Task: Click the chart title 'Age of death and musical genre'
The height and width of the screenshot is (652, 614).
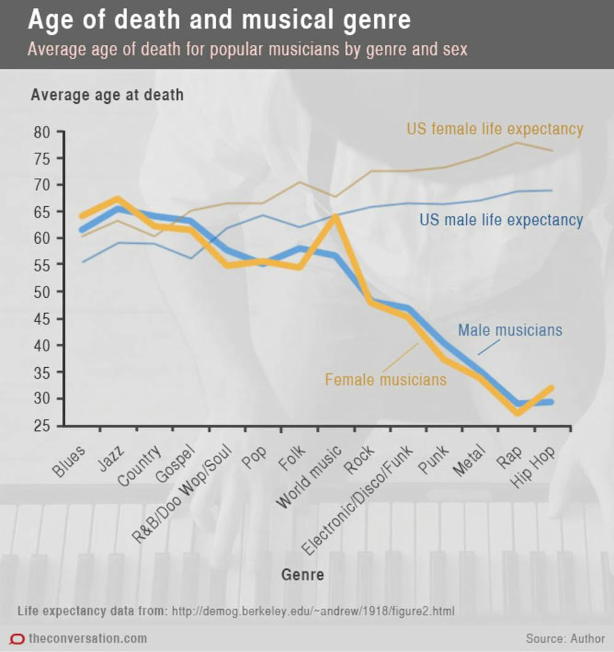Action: pyautogui.click(x=219, y=21)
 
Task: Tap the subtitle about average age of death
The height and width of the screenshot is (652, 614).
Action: pyautogui.click(x=247, y=49)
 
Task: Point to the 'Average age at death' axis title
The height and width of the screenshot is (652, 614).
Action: pyautogui.click(x=107, y=95)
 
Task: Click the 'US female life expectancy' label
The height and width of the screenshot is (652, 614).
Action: pyautogui.click(x=494, y=129)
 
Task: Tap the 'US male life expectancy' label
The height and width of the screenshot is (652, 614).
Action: pyautogui.click(x=501, y=220)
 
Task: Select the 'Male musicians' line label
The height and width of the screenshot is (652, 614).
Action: pyautogui.click(x=510, y=330)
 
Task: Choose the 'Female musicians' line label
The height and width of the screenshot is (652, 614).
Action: pyautogui.click(x=386, y=379)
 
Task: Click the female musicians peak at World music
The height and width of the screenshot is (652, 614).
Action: pyautogui.click(x=335, y=216)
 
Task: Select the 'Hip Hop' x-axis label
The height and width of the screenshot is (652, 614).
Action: pyautogui.click(x=533, y=466)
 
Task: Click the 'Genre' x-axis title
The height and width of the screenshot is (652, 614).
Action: pyautogui.click(x=302, y=575)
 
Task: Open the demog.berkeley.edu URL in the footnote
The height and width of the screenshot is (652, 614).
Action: pyautogui.click(x=313, y=612)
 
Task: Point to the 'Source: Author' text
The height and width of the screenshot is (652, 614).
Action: pyautogui.click(x=565, y=638)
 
